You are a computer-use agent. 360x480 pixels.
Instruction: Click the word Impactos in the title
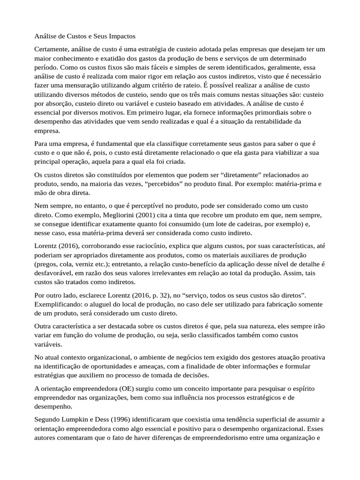120,36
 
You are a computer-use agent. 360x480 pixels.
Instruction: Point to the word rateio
189,86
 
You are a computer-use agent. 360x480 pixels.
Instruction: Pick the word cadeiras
255,224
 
